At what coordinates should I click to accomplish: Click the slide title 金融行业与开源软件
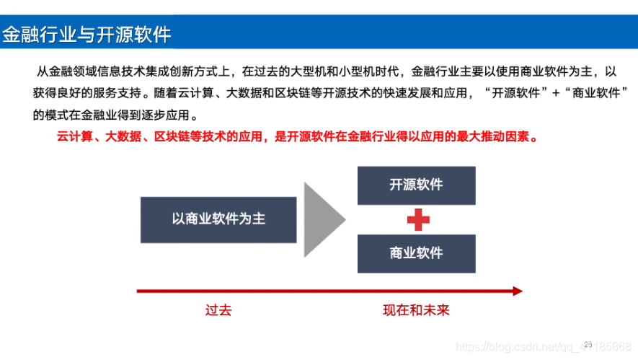click(87, 34)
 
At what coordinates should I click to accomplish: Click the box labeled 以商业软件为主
click(218, 219)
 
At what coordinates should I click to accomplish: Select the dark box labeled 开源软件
click(416, 185)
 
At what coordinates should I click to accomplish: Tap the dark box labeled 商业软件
click(416, 253)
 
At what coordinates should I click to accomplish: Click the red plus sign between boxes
click(418, 219)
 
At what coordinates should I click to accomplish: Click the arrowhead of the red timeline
click(517, 291)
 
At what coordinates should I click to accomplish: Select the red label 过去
click(218, 310)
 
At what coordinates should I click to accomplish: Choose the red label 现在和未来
click(416, 310)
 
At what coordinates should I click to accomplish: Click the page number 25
click(588, 345)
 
